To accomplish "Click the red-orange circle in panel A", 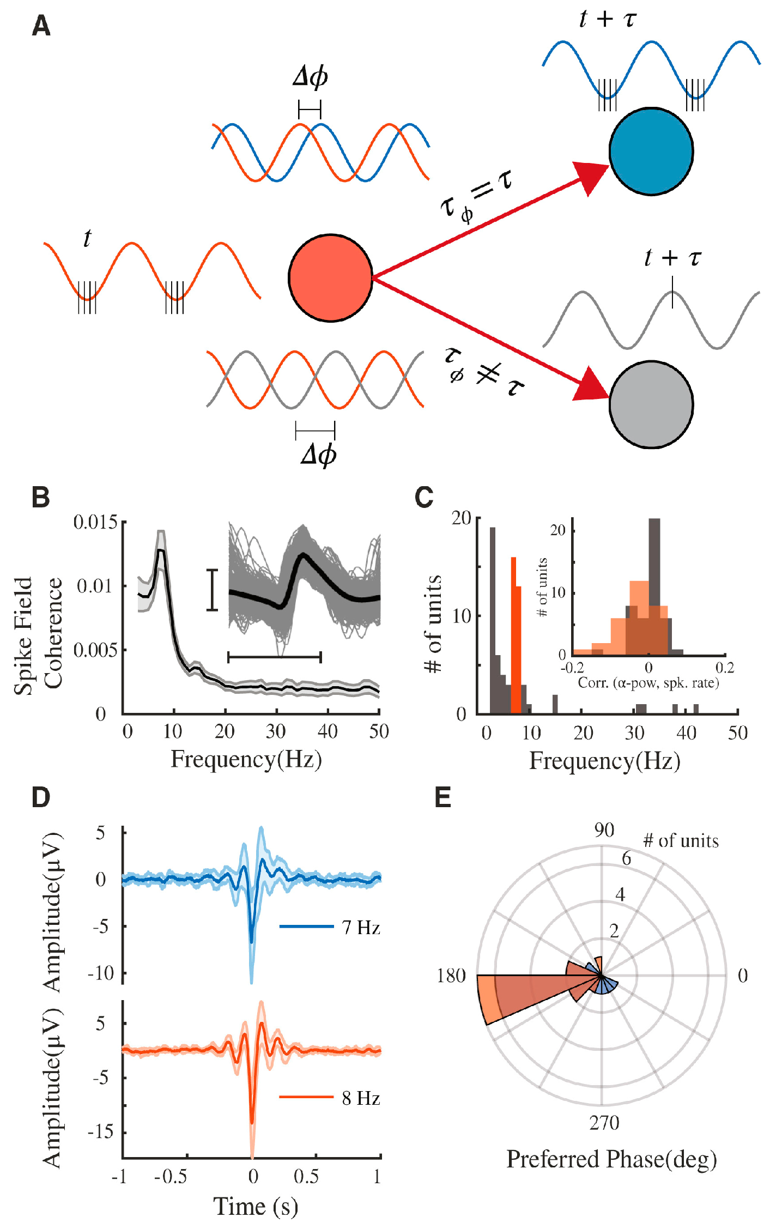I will pos(330,277).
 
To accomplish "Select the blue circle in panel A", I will pos(651,152).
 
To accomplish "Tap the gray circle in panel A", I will pos(651,404).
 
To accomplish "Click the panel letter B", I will pos(41,498).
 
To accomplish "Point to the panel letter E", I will pos(442,797).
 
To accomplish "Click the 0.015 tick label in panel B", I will pos(96,522).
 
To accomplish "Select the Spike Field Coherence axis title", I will pos(38,635).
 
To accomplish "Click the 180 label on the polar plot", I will pos(451,975).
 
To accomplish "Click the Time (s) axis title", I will pos(256,1206).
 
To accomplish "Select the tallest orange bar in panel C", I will pos(513,635).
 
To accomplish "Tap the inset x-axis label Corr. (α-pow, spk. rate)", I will pos(648,682).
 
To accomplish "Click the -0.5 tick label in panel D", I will pos(171,1176).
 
